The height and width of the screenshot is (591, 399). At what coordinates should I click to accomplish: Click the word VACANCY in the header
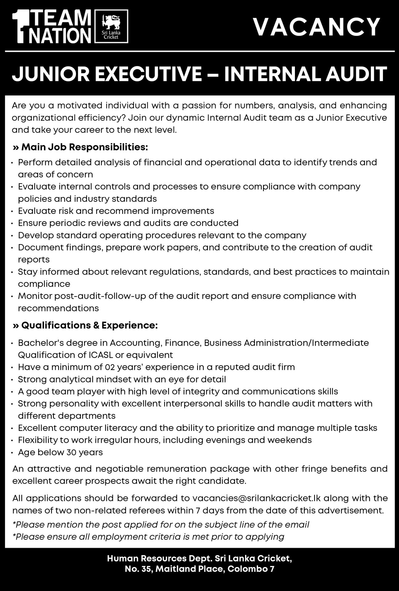coord(317,27)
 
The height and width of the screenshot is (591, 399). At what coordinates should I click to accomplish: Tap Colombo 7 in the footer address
coord(251,569)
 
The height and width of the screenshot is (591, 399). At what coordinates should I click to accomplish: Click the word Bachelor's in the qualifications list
coord(39,343)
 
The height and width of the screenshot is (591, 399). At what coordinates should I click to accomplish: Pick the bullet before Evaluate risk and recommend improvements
coord(12,211)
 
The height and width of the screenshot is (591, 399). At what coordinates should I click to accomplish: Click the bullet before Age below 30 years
coord(12,453)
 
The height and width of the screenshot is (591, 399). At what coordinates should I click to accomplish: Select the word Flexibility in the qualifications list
coord(37,440)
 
